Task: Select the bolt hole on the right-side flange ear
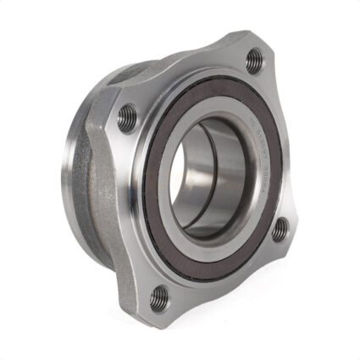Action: [280, 230]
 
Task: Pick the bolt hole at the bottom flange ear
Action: [159, 296]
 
